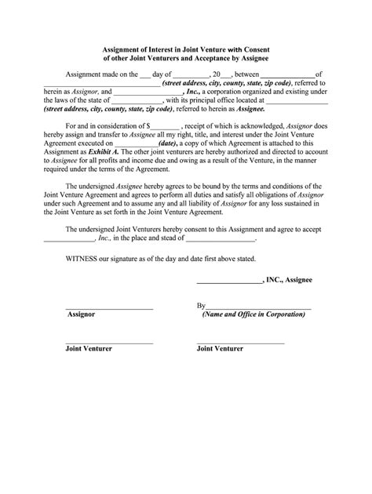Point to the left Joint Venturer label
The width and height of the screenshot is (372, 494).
[89, 348]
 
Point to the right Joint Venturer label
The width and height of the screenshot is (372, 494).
[220, 348]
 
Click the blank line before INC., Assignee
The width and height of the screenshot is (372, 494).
[228, 279]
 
